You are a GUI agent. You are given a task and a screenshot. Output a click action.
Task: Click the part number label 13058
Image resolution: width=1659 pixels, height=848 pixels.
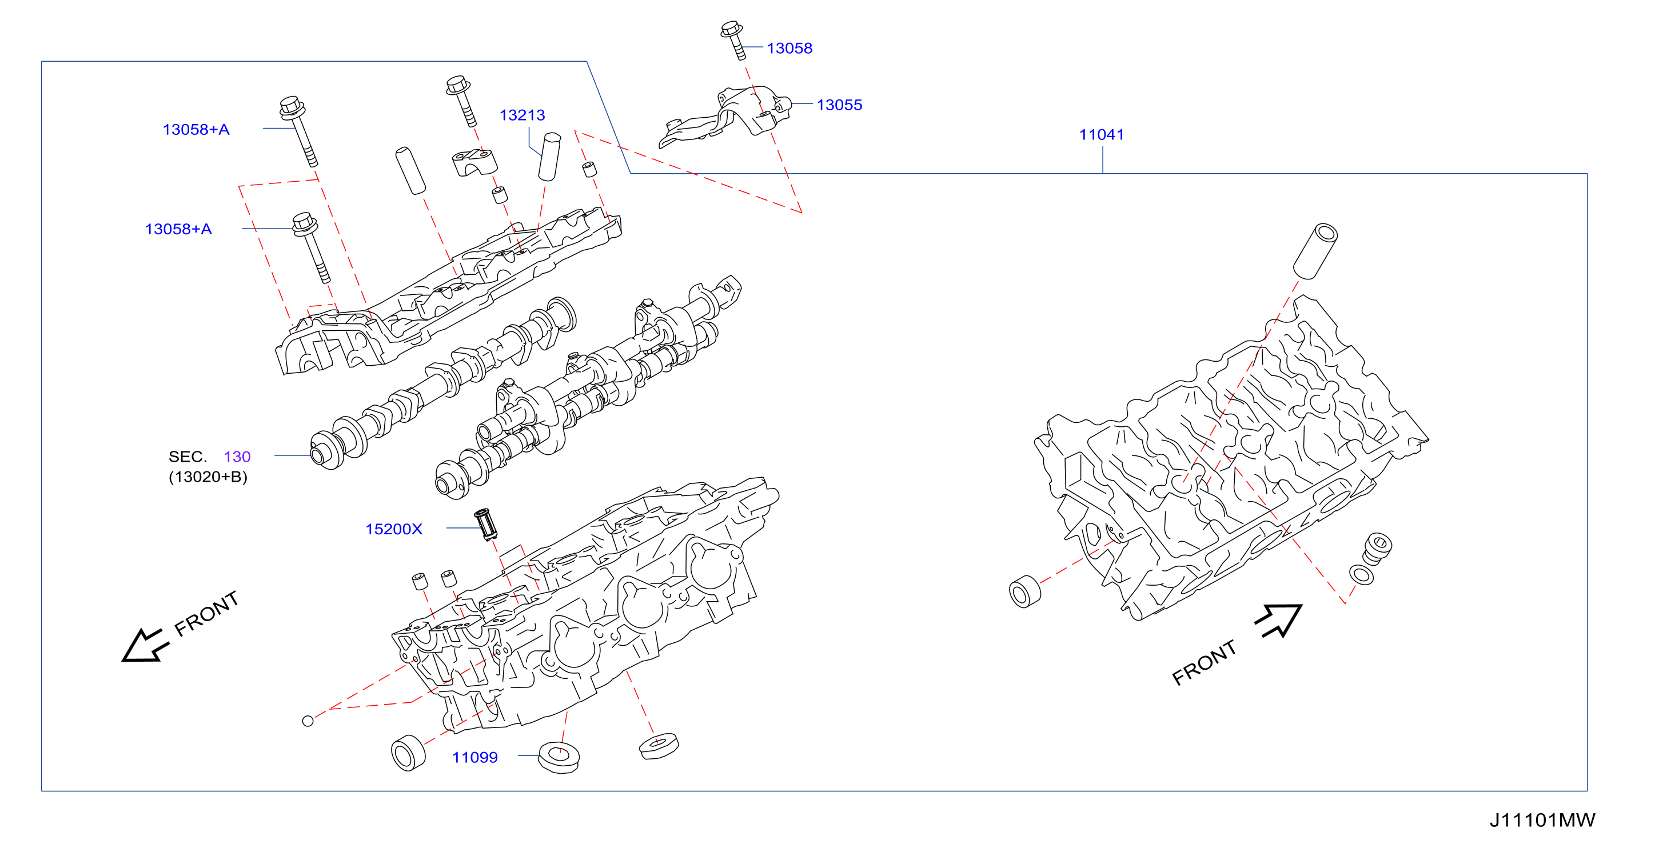pyautogui.click(x=789, y=49)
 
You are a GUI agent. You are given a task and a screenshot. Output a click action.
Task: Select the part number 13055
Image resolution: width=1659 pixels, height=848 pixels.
pyautogui.click(x=839, y=105)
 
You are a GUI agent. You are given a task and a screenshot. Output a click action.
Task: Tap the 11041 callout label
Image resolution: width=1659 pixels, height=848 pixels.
pyautogui.click(x=1101, y=135)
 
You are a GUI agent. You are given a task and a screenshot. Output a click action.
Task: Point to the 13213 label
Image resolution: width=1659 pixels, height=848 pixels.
pyautogui.click(x=523, y=115)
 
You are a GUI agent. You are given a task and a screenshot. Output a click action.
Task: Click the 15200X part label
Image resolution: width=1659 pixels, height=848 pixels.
pyautogui.click(x=394, y=529)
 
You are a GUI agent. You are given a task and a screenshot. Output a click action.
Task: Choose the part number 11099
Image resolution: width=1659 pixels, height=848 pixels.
pyautogui.click(x=474, y=757)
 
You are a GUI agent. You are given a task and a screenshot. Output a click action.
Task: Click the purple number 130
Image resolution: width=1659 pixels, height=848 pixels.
pyautogui.click(x=237, y=457)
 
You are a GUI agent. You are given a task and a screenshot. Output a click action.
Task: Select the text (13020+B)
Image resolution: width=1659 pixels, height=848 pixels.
pyautogui.click(x=208, y=477)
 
